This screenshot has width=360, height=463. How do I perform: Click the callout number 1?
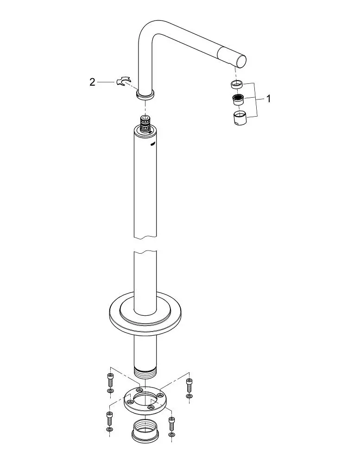268,99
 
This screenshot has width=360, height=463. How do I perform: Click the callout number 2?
93,82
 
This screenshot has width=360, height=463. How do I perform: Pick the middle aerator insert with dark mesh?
238,100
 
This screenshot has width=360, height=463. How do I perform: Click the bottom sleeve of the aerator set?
240,118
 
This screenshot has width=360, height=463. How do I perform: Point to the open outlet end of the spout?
241,62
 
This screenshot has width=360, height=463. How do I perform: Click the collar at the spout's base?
145,95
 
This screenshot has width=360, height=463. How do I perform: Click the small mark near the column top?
152,144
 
